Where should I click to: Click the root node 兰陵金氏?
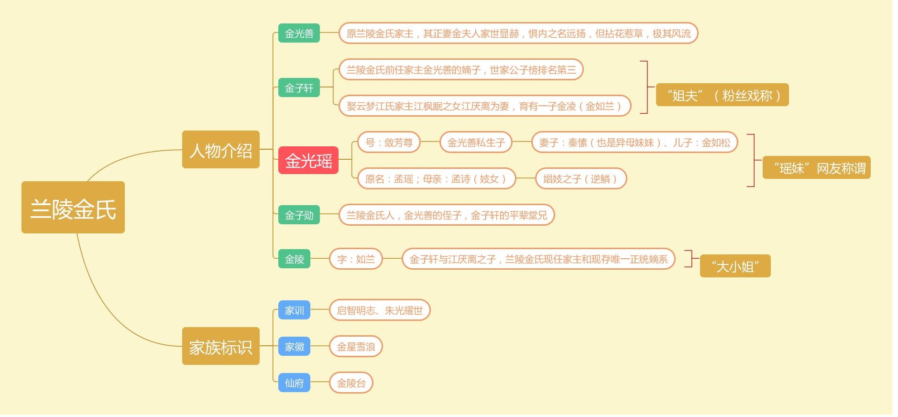point(73,208)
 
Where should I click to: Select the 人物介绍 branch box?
point(220,150)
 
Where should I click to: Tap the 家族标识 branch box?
point(220,346)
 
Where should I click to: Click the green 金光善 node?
point(299,33)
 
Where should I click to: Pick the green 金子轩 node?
point(299,88)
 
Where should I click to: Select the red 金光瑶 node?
point(308,161)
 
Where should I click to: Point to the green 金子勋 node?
point(299,215)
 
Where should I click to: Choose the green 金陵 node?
point(294,259)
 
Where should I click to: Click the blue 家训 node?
point(294,310)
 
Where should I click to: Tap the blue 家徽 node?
point(294,347)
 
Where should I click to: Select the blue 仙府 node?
point(294,383)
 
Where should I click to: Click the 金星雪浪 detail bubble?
point(356,347)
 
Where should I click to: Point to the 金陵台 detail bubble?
point(351,383)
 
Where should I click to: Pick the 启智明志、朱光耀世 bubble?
point(380,310)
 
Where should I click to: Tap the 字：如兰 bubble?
point(356,259)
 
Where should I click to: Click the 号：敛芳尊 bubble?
point(389,143)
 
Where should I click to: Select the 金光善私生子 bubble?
point(476,143)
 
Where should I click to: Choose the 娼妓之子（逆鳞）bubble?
point(580,179)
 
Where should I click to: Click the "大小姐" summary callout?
point(735,266)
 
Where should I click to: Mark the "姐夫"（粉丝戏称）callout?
point(722,95)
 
